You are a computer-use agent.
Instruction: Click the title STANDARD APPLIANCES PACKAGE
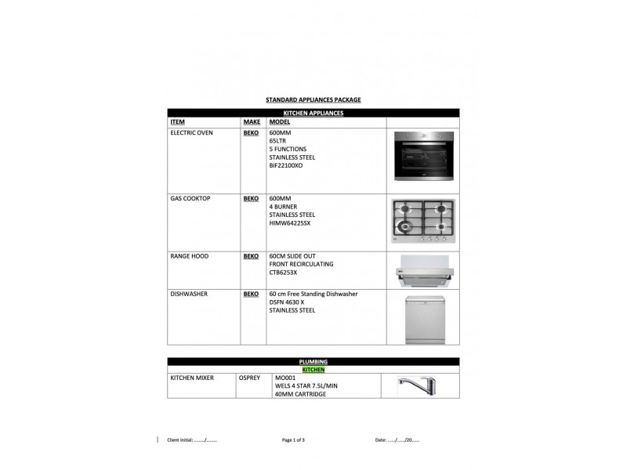[313, 99]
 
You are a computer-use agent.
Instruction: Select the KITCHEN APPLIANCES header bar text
[313, 113]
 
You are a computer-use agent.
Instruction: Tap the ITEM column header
[178, 122]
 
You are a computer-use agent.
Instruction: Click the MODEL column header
[280, 122]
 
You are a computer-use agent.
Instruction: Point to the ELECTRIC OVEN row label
[191, 132]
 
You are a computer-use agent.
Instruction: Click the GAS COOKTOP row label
[190, 198]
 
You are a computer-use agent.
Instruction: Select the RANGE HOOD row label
[190, 256]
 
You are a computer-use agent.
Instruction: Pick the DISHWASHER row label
[189, 294]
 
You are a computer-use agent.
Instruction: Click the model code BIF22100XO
[286, 165]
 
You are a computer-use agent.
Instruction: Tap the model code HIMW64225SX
[290, 223]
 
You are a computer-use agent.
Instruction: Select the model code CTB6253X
[283, 273]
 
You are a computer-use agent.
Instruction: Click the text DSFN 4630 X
[287, 302]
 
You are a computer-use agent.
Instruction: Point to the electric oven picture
[424, 156]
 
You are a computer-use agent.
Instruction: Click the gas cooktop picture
[423, 221]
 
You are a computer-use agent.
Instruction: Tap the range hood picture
[425, 270]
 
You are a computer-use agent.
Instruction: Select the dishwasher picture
[425, 320]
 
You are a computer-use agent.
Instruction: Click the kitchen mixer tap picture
[416, 385]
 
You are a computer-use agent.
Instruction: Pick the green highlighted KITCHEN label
[313, 370]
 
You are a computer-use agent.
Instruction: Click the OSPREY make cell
[249, 378]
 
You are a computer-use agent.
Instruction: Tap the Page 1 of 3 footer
[293, 440]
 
